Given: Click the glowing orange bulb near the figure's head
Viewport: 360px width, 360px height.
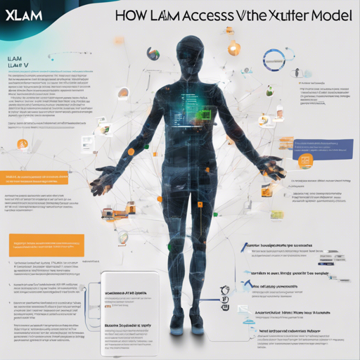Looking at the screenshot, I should click(x=233, y=49).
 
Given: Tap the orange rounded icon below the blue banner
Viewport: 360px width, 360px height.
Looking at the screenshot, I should click(x=306, y=162).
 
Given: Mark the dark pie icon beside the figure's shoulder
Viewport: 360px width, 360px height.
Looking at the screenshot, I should click(x=152, y=53).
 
